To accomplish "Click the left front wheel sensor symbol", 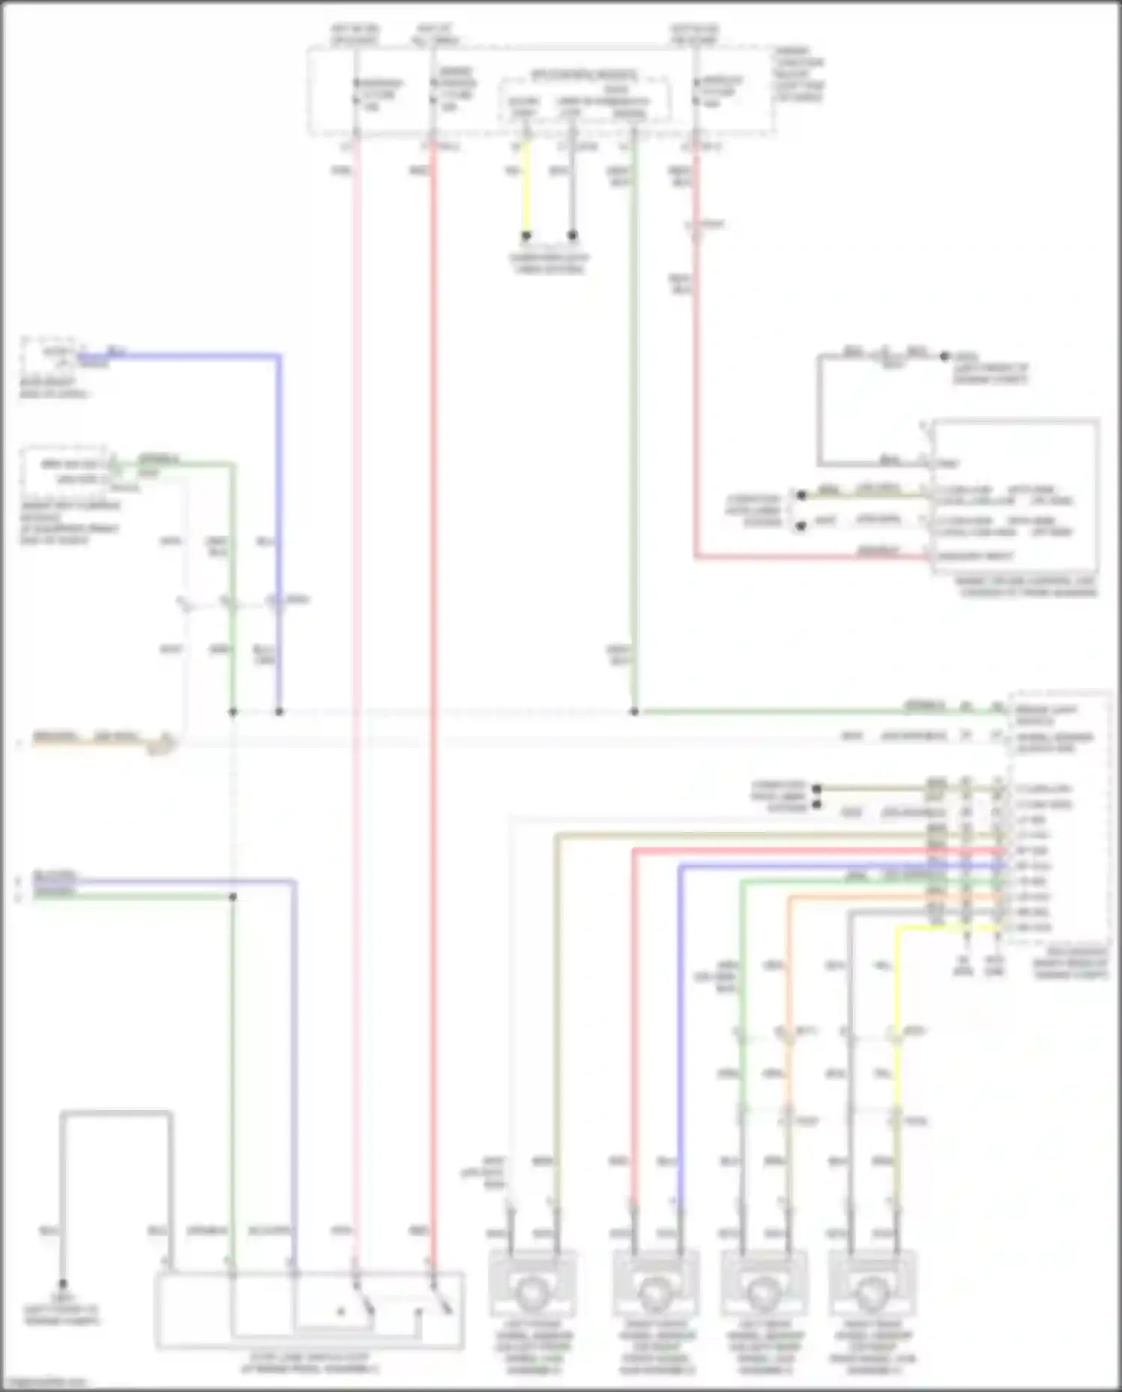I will tap(532, 1292).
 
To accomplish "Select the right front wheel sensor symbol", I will tap(655, 1292).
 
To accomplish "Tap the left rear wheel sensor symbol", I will tap(764, 1292).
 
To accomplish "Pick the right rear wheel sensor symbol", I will tap(872, 1292).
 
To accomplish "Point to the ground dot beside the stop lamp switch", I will tap(63, 1284).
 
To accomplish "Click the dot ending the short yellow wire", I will tap(526, 236).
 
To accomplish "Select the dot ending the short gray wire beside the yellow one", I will tap(572, 236).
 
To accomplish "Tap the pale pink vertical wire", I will tap(356, 673).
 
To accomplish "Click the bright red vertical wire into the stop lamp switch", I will tap(432, 673).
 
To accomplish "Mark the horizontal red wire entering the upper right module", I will tap(808, 557).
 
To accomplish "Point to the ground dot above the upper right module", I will tap(944, 357).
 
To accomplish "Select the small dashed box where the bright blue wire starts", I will tap(51, 356).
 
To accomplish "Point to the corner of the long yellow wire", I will tap(898, 929).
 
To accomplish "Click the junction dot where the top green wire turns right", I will tap(634, 711).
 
